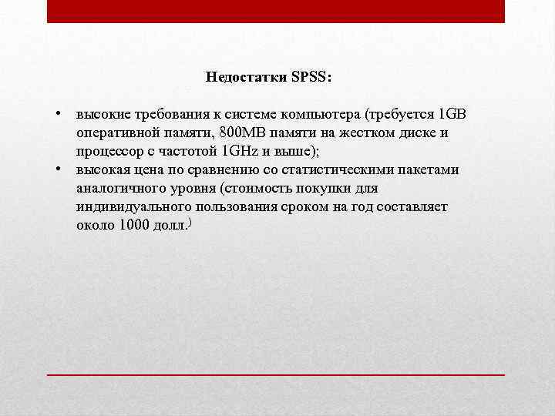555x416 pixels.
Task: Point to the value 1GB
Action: pyautogui.click(x=452, y=115)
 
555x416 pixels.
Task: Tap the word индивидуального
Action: pyautogui.click(x=126, y=207)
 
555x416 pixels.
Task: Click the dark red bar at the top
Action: pyautogui.click(x=276, y=11)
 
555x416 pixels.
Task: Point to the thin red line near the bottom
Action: pyautogui.click(x=276, y=374)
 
